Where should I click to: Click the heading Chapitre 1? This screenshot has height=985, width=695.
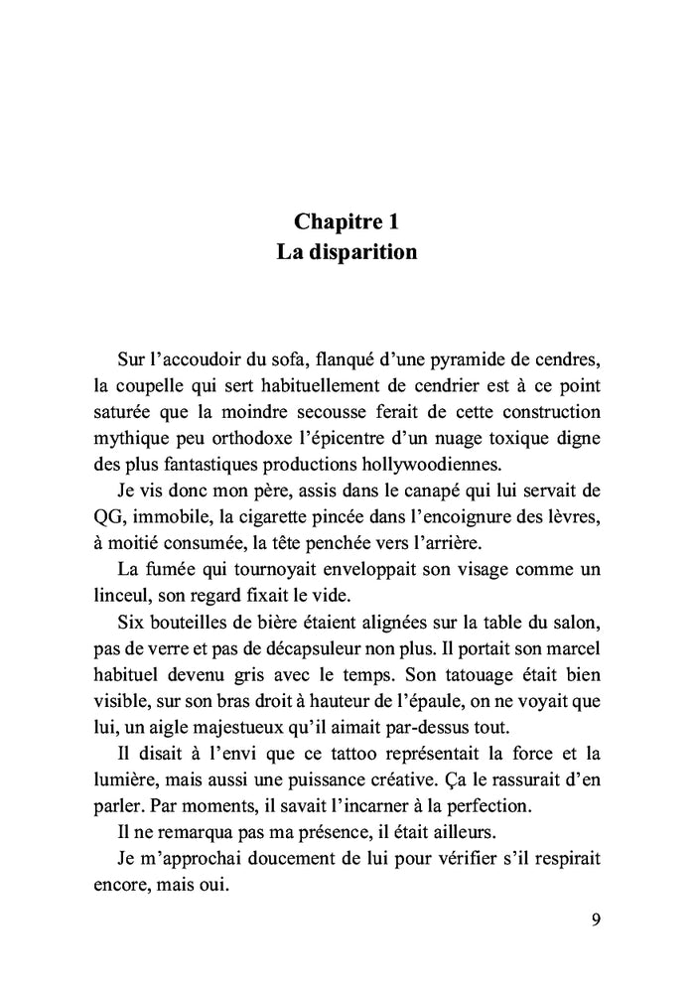(347, 221)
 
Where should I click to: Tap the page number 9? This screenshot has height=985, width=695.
(595, 917)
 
